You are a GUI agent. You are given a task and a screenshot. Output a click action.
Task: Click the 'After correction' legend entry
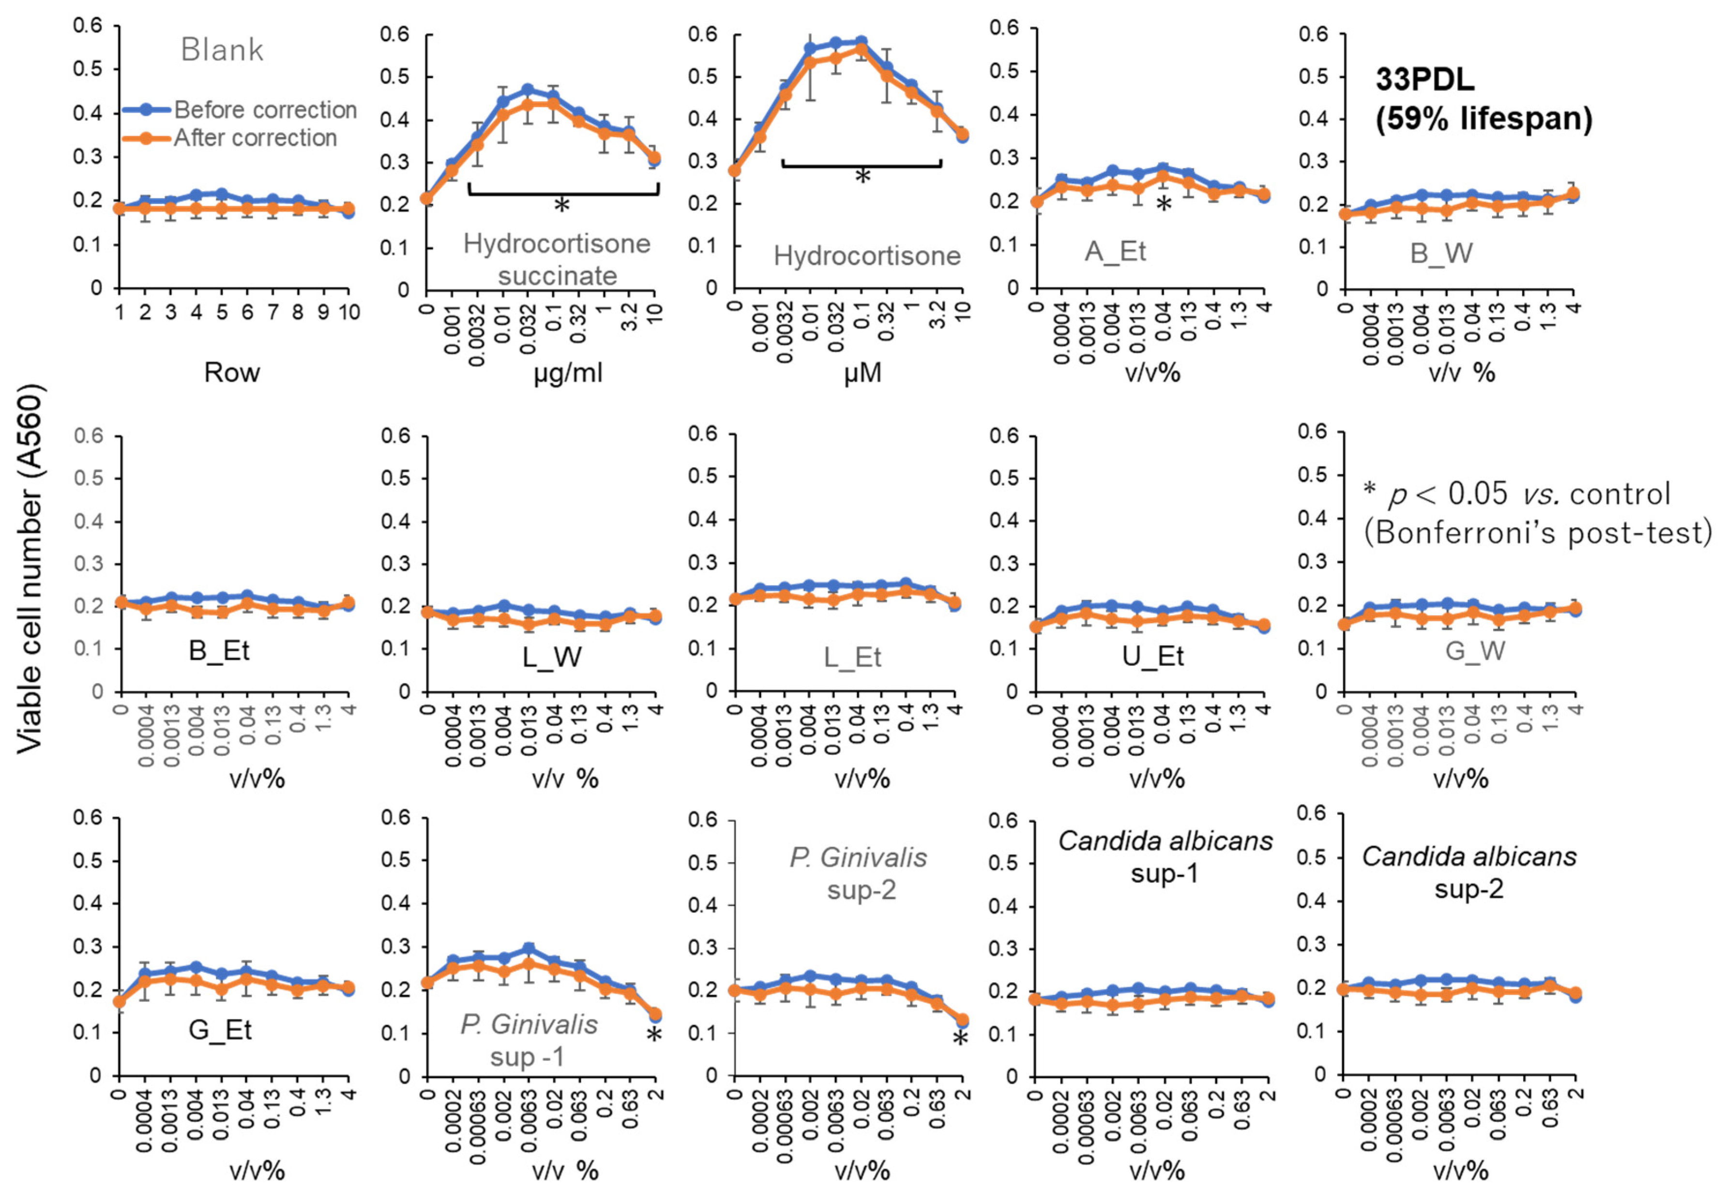point(255,138)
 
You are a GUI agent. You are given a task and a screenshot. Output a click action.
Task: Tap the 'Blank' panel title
point(222,50)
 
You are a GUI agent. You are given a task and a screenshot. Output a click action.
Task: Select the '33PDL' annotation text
point(1424,79)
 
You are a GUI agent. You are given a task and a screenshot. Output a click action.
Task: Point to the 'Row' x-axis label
point(232,372)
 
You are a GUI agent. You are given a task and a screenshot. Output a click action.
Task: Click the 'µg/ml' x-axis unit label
point(568,372)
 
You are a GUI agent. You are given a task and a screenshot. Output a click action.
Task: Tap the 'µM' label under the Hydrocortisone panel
point(862,373)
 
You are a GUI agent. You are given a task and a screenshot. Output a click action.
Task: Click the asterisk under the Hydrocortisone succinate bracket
point(562,206)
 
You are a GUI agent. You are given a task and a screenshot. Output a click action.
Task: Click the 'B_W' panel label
point(1441,254)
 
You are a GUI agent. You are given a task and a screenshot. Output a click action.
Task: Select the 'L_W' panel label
point(552,657)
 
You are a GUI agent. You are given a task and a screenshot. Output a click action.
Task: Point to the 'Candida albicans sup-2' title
point(1468,872)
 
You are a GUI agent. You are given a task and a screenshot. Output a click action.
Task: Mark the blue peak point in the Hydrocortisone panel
point(861,41)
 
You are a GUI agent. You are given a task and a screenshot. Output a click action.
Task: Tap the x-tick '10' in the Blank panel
point(349,312)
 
